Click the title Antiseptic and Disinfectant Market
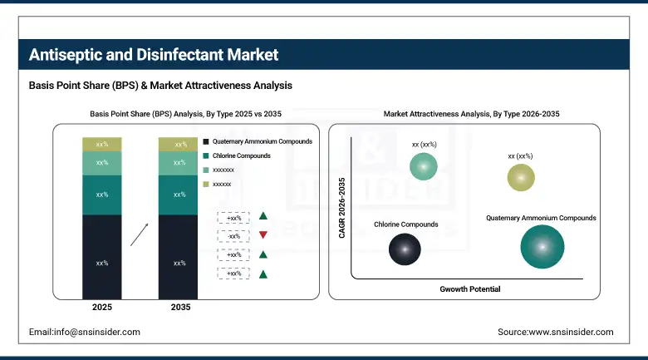(154, 56)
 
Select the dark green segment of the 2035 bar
(179, 195)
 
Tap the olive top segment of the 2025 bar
(102, 145)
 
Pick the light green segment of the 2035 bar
(179, 163)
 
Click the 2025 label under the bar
(102, 308)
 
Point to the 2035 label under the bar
(179, 308)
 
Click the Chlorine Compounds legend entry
(242, 155)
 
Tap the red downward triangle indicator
(263, 235)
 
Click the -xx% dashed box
(233, 235)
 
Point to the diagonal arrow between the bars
(140, 234)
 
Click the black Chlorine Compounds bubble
(405, 249)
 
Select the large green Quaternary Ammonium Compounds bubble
(542, 247)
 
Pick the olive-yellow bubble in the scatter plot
(521, 177)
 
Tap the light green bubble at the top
(424, 168)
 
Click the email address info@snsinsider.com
(85, 332)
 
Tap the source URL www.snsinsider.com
(556, 332)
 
